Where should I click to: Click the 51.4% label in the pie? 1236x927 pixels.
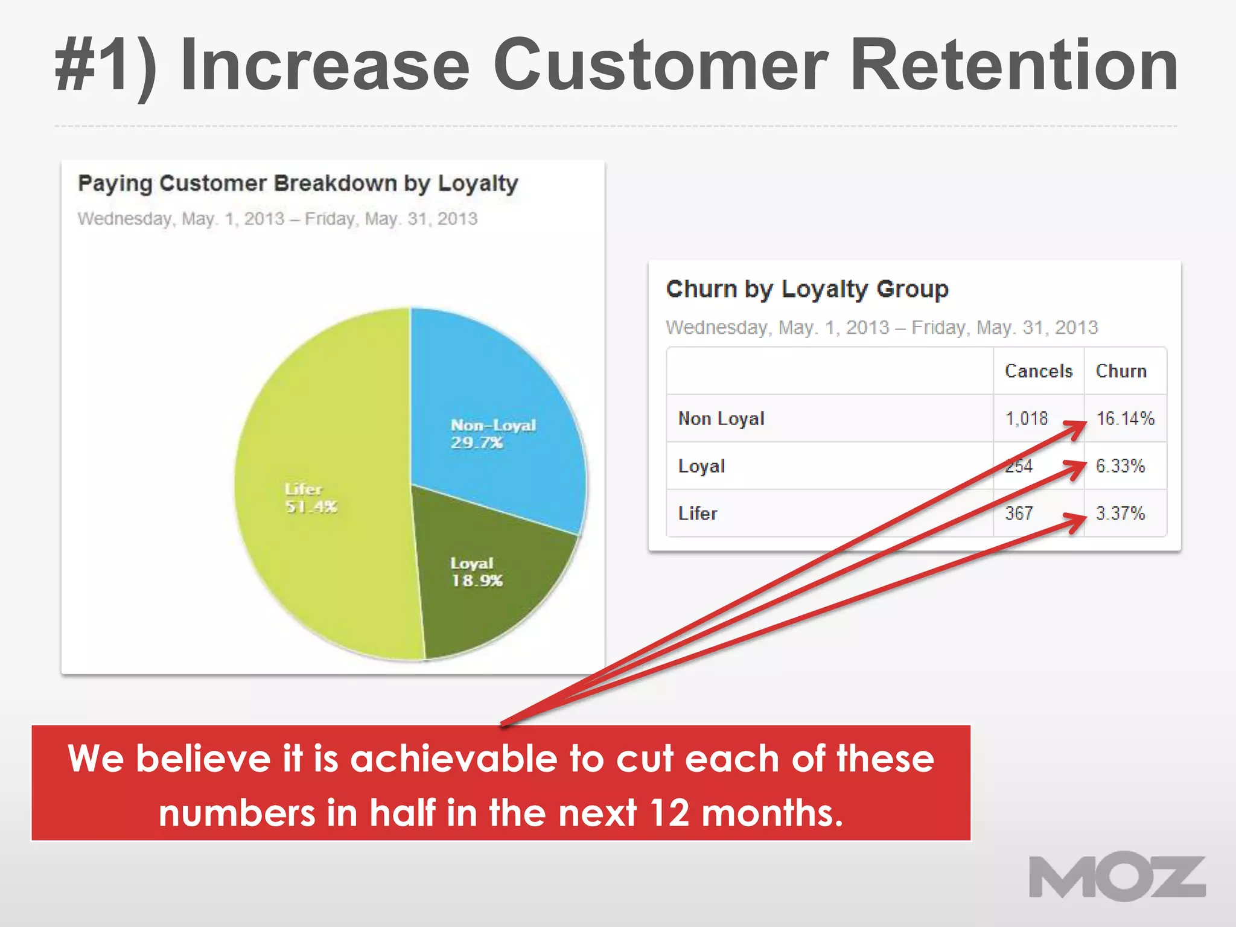(311, 506)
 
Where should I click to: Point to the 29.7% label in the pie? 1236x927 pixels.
(476, 443)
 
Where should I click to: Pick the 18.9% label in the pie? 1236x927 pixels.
(477, 581)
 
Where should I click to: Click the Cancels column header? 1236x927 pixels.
(1038, 371)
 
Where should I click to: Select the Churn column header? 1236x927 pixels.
(1121, 371)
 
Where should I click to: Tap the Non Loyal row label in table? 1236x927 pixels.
(721, 418)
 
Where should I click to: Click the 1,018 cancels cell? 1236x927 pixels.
(1027, 418)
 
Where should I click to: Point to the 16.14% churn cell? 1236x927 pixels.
(1125, 418)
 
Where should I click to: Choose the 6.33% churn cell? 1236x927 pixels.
(1120, 466)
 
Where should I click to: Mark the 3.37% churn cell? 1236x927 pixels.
(1120, 514)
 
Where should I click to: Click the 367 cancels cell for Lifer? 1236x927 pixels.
(1019, 514)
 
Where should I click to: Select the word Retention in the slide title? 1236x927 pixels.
(1014, 65)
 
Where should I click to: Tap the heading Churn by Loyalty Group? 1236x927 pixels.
(807, 289)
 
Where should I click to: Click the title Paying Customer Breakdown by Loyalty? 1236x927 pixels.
(298, 183)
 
